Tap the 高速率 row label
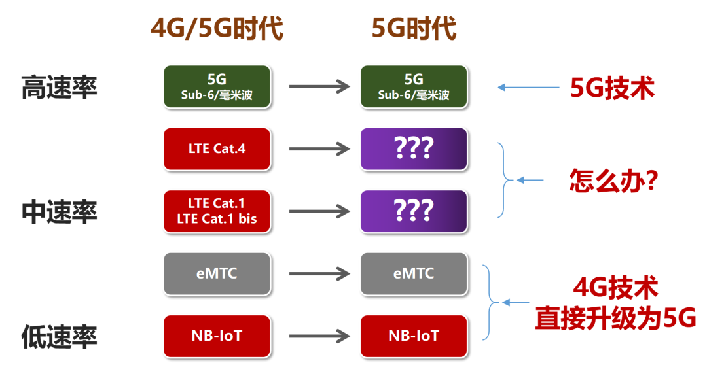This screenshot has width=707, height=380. pyautogui.click(x=59, y=87)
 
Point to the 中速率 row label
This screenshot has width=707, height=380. pyautogui.click(x=59, y=212)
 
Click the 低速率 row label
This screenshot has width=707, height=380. pyautogui.click(x=59, y=337)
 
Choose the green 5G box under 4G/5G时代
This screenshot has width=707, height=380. pyautogui.click(x=217, y=87)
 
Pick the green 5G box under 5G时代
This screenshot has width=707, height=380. pyautogui.click(x=414, y=87)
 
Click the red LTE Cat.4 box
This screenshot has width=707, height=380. pyautogui.click(x=217, y=149)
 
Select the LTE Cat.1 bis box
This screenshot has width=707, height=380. pyautogui.click(x=217, y=211)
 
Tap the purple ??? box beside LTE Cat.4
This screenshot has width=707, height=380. pyautogui.click(x=414, y=149)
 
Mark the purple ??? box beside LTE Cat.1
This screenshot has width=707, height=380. pyautogui.click(x=414, y=211)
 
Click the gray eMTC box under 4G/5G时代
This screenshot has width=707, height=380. pyautogui.click(x=217, y=273)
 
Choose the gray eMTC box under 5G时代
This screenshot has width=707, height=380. pyautogui.click(x=414, y=273)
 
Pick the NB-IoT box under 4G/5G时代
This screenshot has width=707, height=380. pyautogui.click(x=217, y=336)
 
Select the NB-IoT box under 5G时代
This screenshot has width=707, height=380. pyautogui.click(x=414, y=336)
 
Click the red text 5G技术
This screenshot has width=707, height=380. pyautogui.click(x=612, y=88)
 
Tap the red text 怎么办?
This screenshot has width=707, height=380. pyautogui.click(x=613, y=181)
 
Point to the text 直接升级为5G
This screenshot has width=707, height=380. pyautogui.click(x=615, y=319)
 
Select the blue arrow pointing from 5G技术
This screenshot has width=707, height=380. pyautogui.click(x=520, y=88)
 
